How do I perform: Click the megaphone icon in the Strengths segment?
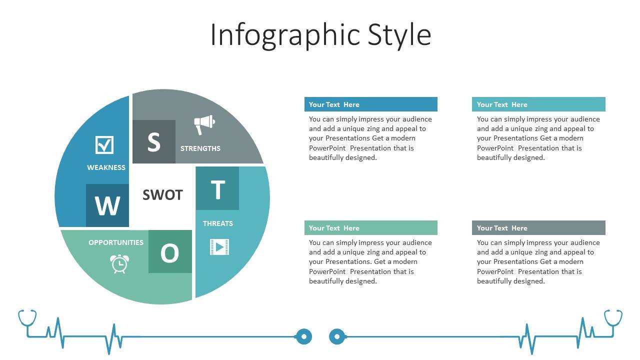pos(204,124)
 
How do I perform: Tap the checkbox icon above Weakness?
pos(104,145)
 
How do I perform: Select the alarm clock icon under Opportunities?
pos(119,263)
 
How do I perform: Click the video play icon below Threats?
pos(219,247)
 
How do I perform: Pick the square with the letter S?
pos(154,141)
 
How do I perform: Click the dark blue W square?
pos(107,205)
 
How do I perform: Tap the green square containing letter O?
pos(170,251)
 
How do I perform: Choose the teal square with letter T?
pos(217,188)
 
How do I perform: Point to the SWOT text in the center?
pos(162,195)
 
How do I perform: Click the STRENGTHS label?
pos(200,148)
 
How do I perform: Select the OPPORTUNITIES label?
pos(116,242)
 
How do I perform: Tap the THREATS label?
pos(218,223)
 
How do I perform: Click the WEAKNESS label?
pos(106,167)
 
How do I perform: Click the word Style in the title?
pos(399,35)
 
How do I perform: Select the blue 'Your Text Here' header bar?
pos(371,104)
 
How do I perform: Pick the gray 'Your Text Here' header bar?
pos(538,227)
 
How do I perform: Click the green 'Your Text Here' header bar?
pos(371,227)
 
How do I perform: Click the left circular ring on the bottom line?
pos(303,336)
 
